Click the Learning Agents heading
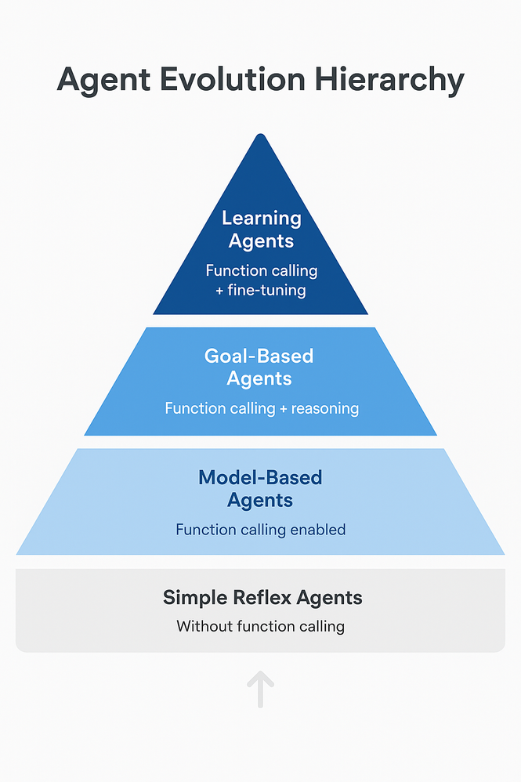point(261,230)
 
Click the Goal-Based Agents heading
point(259,367)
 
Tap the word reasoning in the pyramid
point(324,408)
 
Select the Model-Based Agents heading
point(260,489)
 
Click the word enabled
point(317,530)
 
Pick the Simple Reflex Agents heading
point(262,598)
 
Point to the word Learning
point(261,218)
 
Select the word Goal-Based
point(259,356)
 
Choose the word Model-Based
point(260,477)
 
